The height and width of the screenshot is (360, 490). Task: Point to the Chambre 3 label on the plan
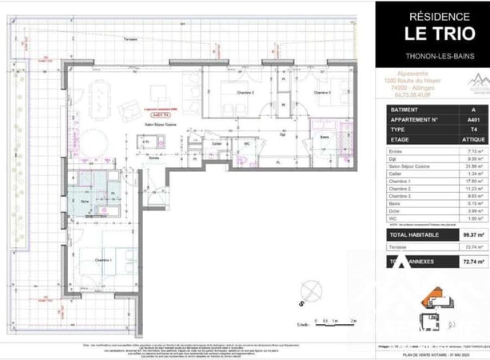(x=321, y=93)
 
